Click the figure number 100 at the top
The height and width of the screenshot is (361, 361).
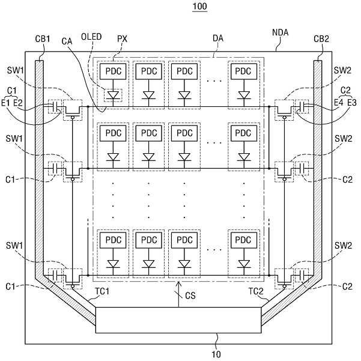pos(199,6)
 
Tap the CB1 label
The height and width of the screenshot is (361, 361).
pos(43,39)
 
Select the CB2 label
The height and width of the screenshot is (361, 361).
pos(321,39)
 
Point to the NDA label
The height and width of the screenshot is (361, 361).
pos(280,32)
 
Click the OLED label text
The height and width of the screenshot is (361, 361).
pos(91,37)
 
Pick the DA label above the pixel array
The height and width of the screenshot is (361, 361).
pos(218,38)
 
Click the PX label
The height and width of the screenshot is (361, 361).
pos(122,38)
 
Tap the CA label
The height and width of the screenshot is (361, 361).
pos(67,41)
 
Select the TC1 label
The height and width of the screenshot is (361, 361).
pos(102,291)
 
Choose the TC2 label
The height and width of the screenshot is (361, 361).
pos(256,291)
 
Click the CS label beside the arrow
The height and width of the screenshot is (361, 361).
pos(190,296)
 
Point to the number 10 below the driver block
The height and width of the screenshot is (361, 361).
pos(216,354)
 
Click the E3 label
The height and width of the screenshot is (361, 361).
pos(351,102)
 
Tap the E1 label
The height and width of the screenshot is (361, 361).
pos(6,103)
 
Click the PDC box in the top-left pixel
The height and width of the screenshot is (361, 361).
pos(113,71)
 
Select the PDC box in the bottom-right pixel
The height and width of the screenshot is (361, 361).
pos(244,240)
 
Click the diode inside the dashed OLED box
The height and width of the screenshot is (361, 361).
pos(113,96)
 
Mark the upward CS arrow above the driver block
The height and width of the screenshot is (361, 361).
pos(178,294)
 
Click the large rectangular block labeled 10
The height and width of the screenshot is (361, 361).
pos(178,320)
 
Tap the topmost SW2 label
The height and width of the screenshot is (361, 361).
pos(342,70)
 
